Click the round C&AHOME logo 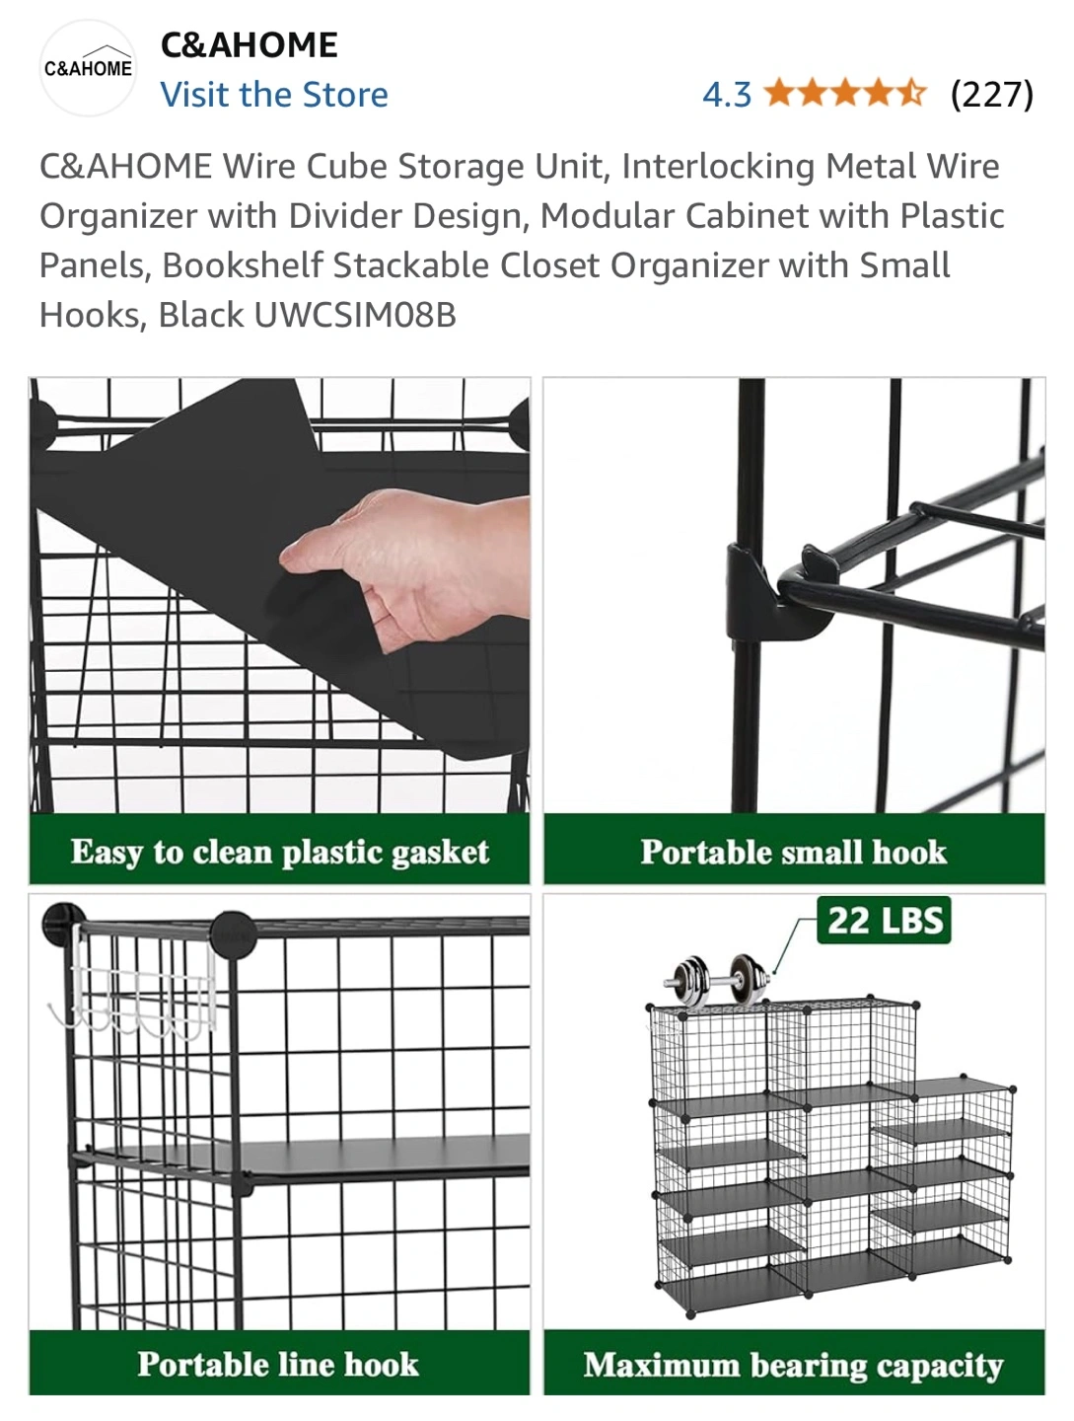[x=88, y=67]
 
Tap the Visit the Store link [x=274, y=95]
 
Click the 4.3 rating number [x=727, y=95]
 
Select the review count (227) [x=992, y=95]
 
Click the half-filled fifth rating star [x=912, y=93]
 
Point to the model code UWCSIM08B [x=355, y=315]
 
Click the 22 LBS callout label [x=885, y=920]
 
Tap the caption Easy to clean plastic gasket [x=279, y=852]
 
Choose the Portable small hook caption [x=794, y=852]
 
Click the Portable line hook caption [x=278, y=1364]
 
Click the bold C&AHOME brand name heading [x=250, y=45]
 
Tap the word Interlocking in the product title [x=718, y=167]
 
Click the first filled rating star [x=780, y=93]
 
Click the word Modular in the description [x=607, y=215]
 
